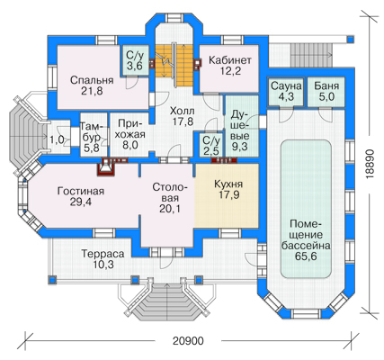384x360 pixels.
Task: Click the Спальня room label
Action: [92, 80]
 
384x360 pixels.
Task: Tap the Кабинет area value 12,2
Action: [230, 71]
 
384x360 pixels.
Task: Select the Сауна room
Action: [286, 91]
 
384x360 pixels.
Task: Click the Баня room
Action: [326, 91]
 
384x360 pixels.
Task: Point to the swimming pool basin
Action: [306, 209]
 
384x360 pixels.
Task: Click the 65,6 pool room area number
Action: [306, 256]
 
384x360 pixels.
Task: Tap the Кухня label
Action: [228, 184]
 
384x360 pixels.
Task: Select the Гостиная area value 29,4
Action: [81, 202]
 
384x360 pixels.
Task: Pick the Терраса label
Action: [103, 254]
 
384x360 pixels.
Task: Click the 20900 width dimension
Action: [188, 341]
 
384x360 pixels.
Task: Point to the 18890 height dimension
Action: [371, 164]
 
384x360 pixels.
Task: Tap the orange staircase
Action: [174, 66]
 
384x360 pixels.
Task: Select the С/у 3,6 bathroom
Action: [135, 60]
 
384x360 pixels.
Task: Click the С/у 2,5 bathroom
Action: [211, 145]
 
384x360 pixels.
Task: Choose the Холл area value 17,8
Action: [182, 121]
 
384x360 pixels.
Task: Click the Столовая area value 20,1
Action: [170, 208]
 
